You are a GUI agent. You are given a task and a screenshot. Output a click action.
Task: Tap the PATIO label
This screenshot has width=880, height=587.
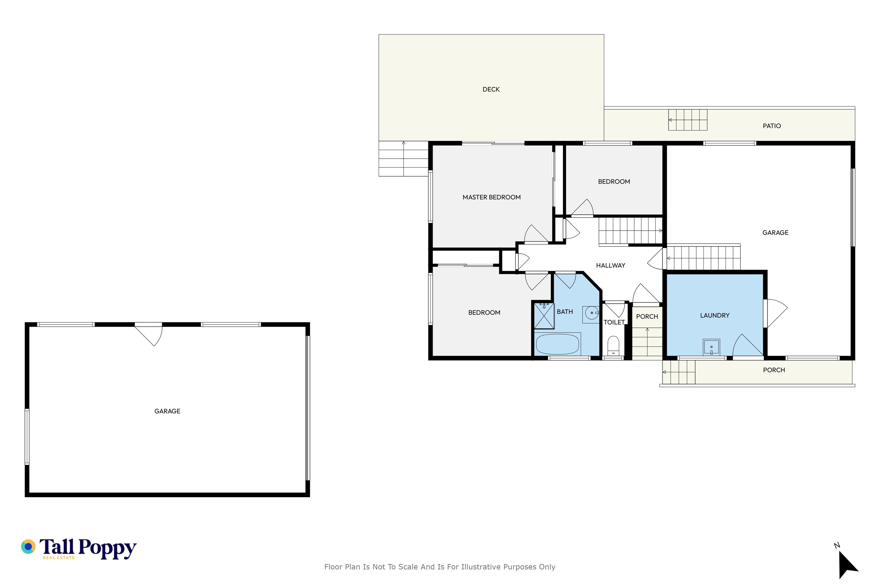(772, 126)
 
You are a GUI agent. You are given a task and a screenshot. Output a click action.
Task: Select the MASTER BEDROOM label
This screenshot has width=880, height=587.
(491, 197)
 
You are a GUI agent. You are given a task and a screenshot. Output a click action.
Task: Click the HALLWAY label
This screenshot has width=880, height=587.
(610, 266)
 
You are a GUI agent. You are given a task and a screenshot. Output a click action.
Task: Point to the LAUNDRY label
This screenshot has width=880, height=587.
(715, 316)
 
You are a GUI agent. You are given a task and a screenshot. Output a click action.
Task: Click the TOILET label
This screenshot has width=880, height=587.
(614, 322)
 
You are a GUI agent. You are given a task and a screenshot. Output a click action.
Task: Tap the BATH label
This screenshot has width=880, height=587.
(565, 312)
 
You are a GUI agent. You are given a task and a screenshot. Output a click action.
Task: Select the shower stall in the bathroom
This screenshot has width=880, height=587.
(544, 316)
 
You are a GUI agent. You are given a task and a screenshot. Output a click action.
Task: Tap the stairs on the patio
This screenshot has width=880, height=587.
(688, 120)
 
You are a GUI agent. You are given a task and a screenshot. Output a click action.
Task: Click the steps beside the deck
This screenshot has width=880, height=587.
(403, 159)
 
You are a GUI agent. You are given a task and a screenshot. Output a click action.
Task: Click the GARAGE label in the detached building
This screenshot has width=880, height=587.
(167, 411)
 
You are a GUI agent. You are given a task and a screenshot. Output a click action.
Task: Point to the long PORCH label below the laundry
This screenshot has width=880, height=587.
(774, 370)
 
